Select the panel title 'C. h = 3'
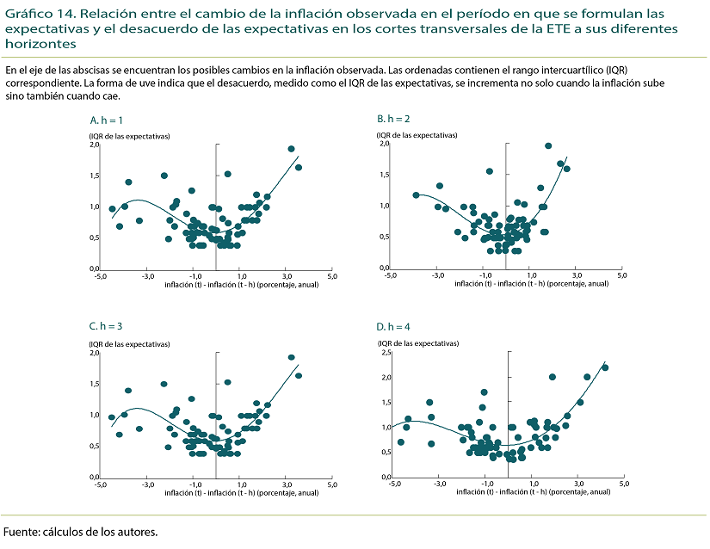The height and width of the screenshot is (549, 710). click(x=107, y=327)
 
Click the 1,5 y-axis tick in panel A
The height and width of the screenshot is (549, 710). click(x=95, y=176)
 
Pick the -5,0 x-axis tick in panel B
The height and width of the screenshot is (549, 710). click(x=389, y=276)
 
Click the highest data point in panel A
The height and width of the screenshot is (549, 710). click(x=291, y=149)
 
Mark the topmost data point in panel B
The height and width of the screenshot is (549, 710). click(x=548, y=146)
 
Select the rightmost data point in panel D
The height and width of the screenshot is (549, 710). click(x=605, y=367)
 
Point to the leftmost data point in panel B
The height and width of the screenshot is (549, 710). click(x=417, y=195)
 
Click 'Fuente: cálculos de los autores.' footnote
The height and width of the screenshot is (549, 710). click(x=81, y=532)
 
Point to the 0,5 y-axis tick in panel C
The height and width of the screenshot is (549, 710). click(x=95, y=446)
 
